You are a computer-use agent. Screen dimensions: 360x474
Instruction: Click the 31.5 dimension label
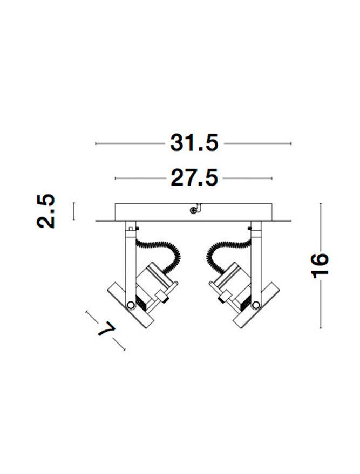tap(194, 143)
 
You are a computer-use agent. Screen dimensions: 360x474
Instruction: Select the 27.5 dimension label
tap(194, 178)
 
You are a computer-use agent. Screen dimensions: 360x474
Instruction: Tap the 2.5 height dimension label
tap(46, 211)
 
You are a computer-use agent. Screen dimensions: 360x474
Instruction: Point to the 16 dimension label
tap(320, 265)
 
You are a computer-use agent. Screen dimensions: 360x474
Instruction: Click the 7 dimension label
tap(106, 329)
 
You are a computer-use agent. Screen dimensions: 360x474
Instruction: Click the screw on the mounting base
tap(193, 210)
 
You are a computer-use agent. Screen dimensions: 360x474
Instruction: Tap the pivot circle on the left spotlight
tap(131, 305)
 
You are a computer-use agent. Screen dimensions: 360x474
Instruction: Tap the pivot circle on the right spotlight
tap(256, 305)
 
